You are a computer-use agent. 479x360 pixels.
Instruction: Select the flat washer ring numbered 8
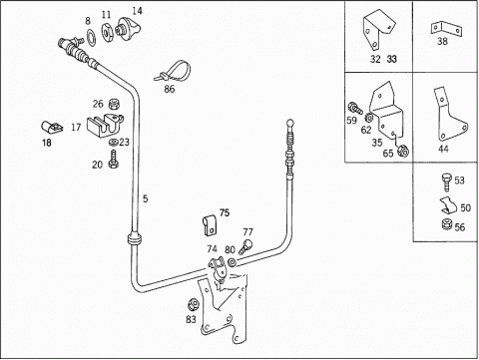coord(91,37)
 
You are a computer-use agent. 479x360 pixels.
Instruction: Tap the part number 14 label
coord(137,11)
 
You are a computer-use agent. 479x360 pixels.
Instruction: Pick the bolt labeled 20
coord(114,159)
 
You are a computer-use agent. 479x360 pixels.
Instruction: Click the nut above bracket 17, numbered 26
coord(114,104)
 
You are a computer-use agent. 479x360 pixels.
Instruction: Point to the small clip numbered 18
coord(53,127)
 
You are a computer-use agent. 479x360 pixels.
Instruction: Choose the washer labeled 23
coord(114,143)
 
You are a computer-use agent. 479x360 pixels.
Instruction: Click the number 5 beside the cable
coord(145,198)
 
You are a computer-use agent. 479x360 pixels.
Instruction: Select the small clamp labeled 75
coord(210,225)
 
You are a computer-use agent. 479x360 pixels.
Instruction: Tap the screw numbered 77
coord(245,247)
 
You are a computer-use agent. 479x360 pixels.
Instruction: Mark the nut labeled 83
coord(193,304)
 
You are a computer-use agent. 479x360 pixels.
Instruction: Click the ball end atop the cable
coord(290,123)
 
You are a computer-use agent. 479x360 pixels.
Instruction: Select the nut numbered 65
coord(403,151)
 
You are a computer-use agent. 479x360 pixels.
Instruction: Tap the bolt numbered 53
coord(447,182)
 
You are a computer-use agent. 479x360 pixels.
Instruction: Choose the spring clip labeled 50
coord(449,205)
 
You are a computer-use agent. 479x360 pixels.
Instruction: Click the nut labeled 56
coord(446,224)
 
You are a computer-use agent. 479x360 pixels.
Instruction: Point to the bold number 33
coord(392,59)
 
